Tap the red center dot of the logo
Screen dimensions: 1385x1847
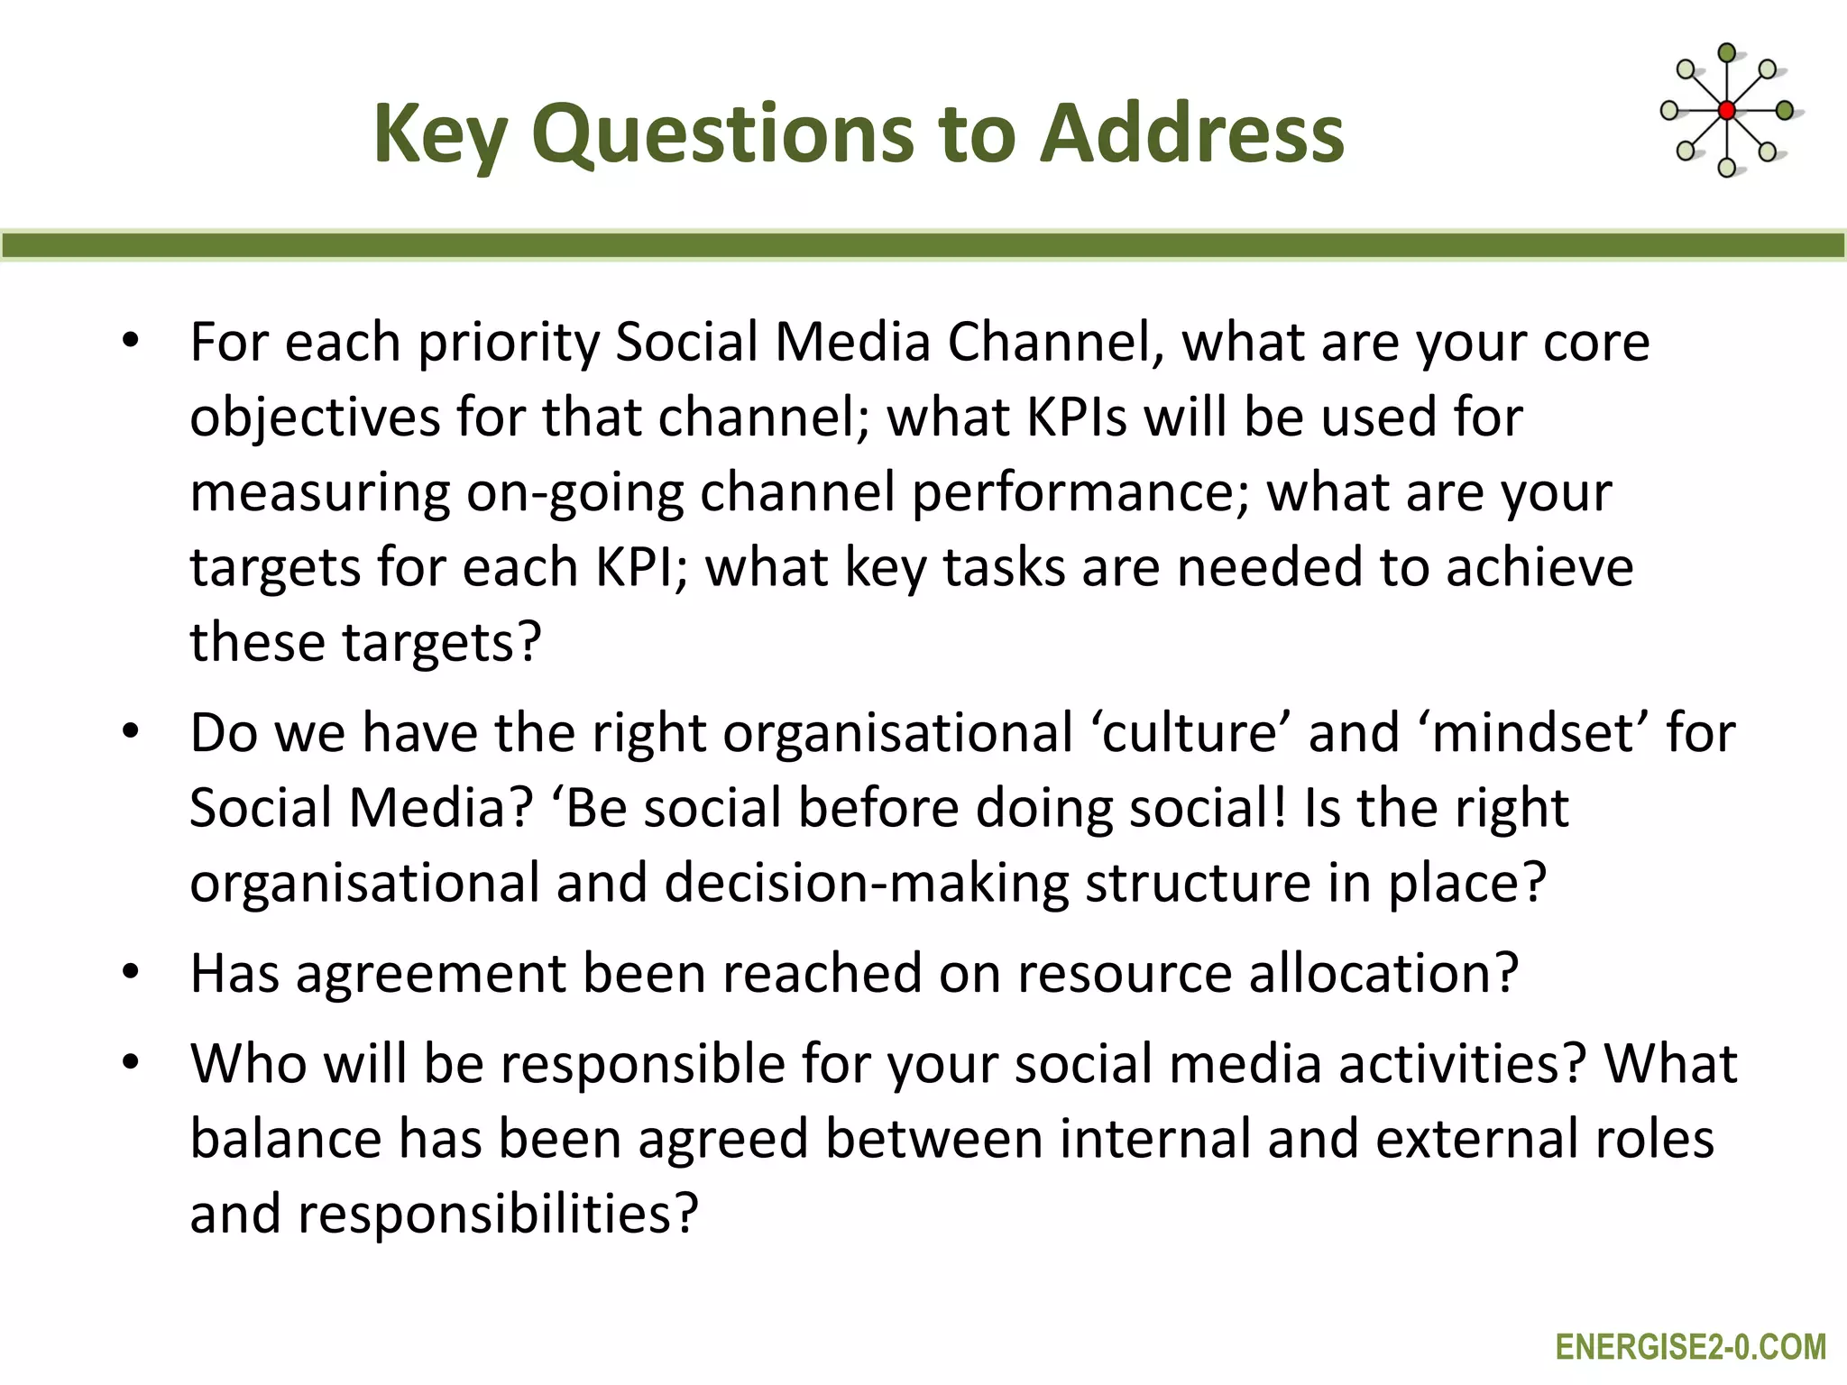coord(1726,111)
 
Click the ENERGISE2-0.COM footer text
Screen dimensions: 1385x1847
coord(1690,1347)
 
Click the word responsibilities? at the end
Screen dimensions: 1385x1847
coord(498,1215)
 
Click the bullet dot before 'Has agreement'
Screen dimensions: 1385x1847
coord(132,973)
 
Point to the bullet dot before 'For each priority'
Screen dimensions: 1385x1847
coord(132,342)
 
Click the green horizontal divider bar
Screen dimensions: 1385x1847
coord(923,245)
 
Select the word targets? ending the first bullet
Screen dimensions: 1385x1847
coord(442,643)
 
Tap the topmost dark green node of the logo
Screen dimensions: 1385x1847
coord(1726,52)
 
